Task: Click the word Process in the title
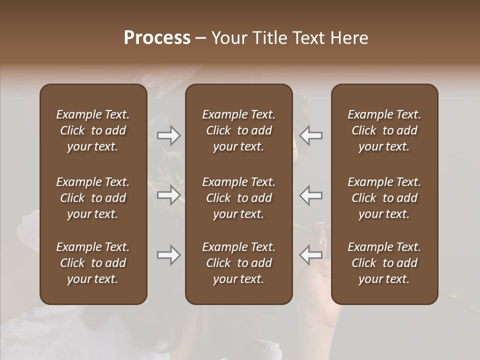click(x=157, y=38)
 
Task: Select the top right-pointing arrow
click(x=168, y=135)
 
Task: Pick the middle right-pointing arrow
click(x=168, y=195)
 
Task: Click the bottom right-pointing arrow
click(x=168, y=255)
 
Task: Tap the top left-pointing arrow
click(x=310, y=135)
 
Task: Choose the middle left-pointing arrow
click(x=310, y=195)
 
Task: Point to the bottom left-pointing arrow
click(x=310, y=255)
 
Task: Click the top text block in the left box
click(x=93, y=130)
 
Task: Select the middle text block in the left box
click(x=93, y=198)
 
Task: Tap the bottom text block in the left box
click(x=93, y=263)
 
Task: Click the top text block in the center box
click(x=238, y=130)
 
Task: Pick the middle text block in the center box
click(x=238, y=198)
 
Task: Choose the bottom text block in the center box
click(x=238, y=263)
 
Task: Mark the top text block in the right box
click(x=384, y=130)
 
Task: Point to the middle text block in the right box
click(x=384, y=198)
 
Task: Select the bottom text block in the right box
click(x=384, y=263)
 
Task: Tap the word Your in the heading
click(x=227, y=38)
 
